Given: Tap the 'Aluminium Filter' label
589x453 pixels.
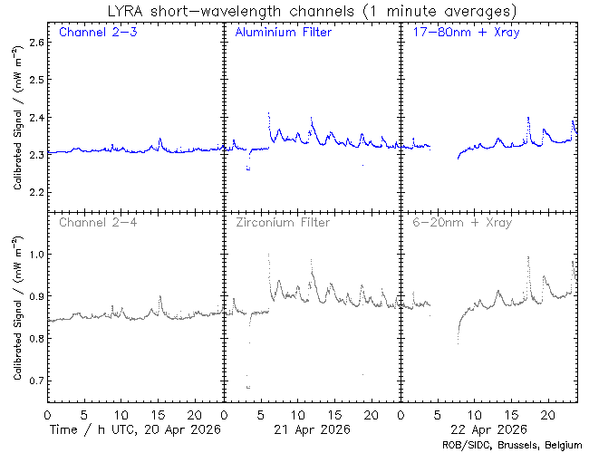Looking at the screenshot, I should [x=283, y=33].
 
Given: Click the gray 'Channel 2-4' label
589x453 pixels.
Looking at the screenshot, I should [x=92, y=221].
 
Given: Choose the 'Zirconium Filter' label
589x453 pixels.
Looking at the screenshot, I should [x=283, y=221].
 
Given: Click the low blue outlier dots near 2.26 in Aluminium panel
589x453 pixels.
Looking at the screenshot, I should [x=248, y=169].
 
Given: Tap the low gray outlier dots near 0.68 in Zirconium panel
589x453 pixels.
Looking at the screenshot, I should [x=248, y=387].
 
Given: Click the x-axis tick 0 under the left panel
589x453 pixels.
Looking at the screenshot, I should [x=47, y=413].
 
